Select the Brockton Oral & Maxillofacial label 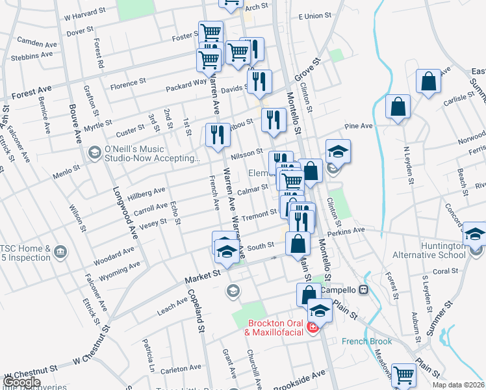click(275, 328)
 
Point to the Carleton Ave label click(177, 369)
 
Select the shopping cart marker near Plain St click(403, 374)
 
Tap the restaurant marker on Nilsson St click(216, 135)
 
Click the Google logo click(21, 382)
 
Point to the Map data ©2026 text click(458, 385)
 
